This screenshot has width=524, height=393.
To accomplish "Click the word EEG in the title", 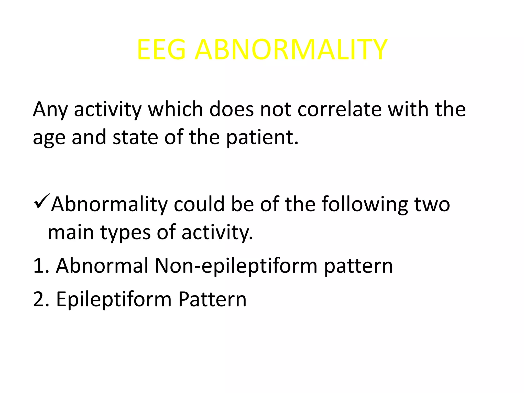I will [x=161, y=50].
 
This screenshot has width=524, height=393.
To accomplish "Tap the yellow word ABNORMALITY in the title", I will [x=291, y=50].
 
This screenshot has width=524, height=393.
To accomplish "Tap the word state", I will [x=135, y=137].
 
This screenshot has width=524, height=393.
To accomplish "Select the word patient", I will [x=262, y=137].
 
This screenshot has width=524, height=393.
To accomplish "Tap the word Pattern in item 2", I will [x=212, y=299].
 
